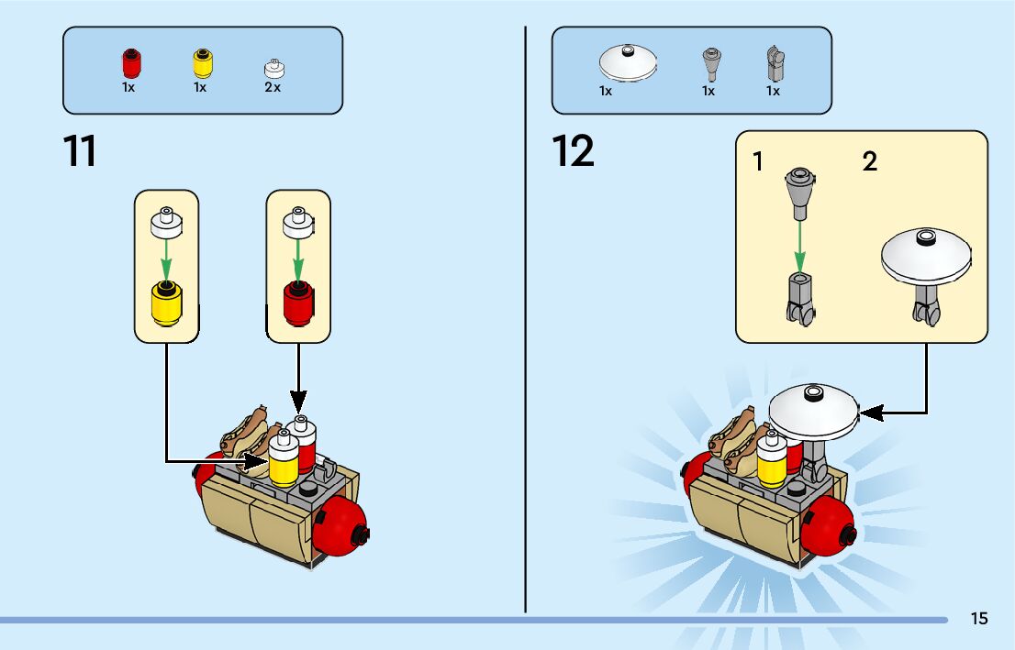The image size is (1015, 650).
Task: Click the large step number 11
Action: (80, 151)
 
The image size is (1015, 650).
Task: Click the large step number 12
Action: (574, 151)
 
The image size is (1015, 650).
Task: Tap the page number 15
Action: (979, 619)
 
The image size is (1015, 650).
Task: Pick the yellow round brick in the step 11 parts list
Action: (201, 64)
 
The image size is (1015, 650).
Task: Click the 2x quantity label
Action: (273, 88)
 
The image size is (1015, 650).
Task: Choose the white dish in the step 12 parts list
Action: (627, 63)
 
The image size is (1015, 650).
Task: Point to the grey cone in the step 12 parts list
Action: (709, 64)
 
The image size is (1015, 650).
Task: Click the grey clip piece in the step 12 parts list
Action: (775, 64)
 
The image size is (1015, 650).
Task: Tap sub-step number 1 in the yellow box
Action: (758, 162)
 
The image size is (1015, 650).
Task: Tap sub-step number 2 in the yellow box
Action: (870, 162)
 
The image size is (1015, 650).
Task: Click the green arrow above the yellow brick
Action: (166, 258)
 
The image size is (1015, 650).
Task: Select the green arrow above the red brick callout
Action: (297, 258)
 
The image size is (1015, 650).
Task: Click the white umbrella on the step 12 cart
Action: (812, 409)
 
